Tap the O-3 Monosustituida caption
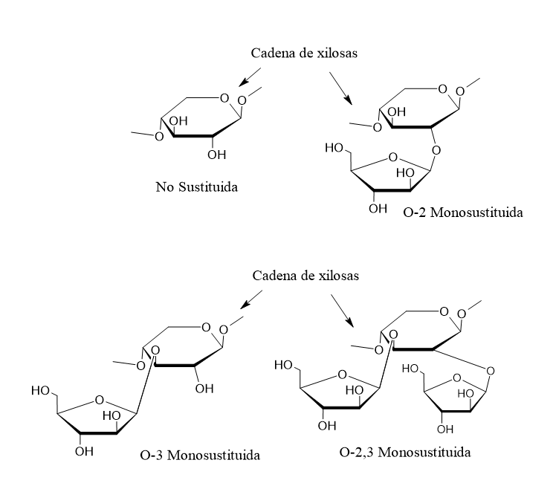[200, 454]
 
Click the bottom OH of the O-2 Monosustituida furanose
[378, 208]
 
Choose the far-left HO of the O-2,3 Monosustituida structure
[282, 365]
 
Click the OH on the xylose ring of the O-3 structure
[204, 388]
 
